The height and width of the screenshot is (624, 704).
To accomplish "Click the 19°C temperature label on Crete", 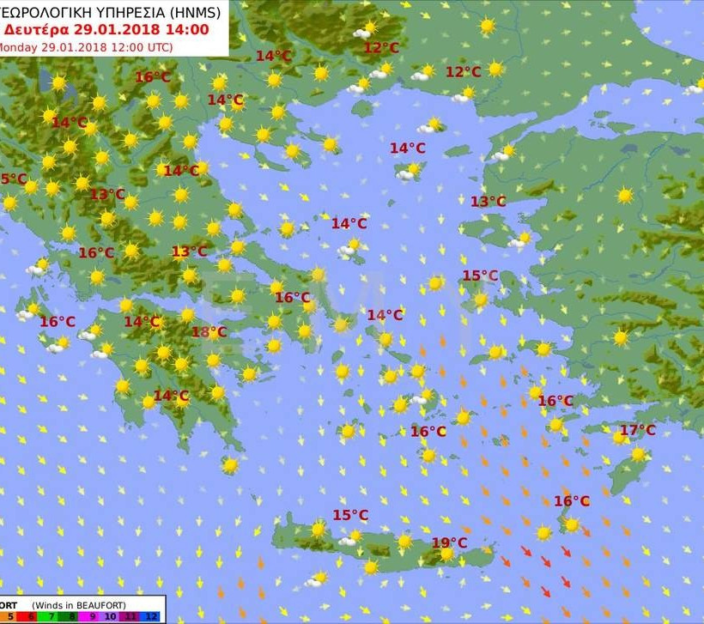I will pos(449,542).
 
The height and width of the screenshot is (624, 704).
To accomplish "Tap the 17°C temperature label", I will pos(638,430).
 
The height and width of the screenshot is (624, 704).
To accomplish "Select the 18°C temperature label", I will pos(209,332).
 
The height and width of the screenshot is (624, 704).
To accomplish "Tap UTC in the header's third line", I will pos(157,47).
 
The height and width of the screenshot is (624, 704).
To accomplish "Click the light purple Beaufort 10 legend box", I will pos(111,616).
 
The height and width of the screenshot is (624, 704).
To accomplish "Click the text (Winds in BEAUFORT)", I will pos(79,604).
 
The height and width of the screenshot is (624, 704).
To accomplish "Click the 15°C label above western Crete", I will pos(350,515).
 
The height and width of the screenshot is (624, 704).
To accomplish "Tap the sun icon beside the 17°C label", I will pos(620,438).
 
